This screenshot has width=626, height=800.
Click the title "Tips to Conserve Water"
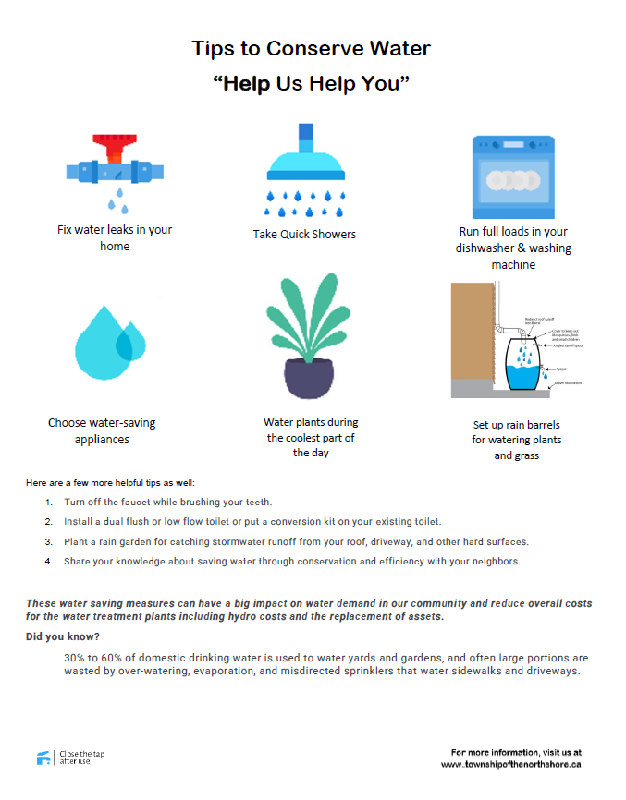pyautogui.click(x=311, y=48)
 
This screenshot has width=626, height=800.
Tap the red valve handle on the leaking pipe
pyautogui.click(x=116, y=143)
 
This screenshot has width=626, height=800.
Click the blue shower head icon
pyautogui.click(x=305, y=163)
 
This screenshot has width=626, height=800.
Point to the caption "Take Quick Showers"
pyautogui.click(x=304, y=235)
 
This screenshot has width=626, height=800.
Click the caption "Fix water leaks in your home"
pyautogui.click(x=115, y=238)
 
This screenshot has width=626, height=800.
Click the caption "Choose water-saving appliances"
pyautogui.click(x=102, y=431)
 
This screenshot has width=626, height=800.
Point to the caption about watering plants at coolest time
pyautogui.click(x=311, y=437)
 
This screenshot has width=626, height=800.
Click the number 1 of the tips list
pyautogui.click(x=47, y=503)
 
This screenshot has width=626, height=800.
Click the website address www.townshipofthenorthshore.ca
pyautogui.click(x=510, y=764)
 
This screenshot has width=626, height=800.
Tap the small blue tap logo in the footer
pyautogui.click(x=43, y=758)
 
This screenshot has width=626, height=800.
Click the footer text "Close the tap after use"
pyautogui.click(x=81, y=758)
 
